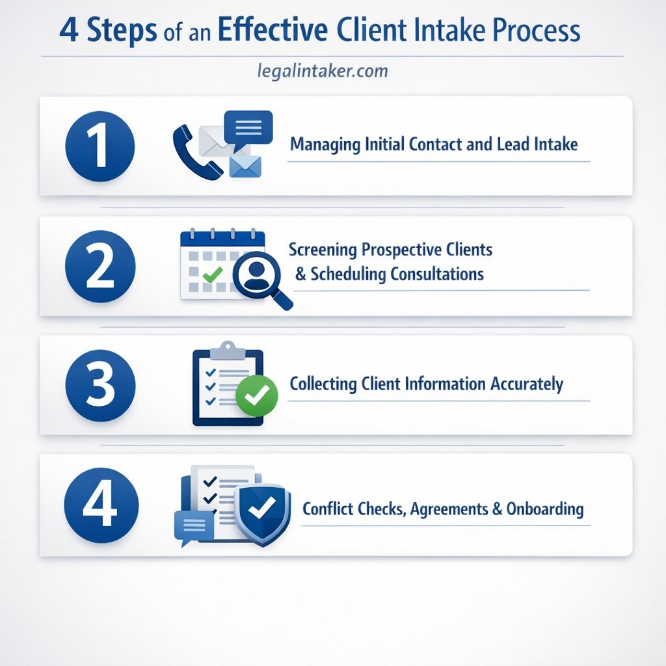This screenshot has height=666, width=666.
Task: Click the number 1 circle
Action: [x=100, y=146]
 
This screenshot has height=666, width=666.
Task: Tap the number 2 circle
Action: [x=100, y=267]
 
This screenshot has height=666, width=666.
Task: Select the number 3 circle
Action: [x=100, y=386]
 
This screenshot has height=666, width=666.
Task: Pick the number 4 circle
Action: [x=100, y=505]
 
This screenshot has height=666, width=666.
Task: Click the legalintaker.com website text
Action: [x=323, y=70]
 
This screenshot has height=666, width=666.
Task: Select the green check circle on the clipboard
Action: [x=256, y=393]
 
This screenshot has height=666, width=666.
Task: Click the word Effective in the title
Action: [x=274, y=31]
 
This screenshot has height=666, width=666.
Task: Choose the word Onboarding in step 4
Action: [x=545, y=509]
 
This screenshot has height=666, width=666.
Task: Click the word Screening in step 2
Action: [x=323, y=250]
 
